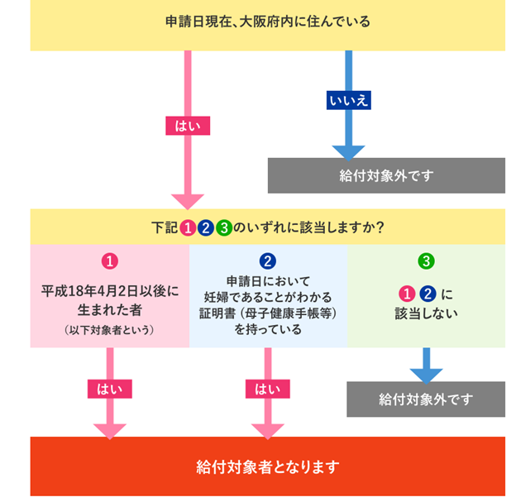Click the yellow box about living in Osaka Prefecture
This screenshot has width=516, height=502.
pyautogui.click(x=267, y=22)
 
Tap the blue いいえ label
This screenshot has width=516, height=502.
pyautogui.click(x=348, y=99)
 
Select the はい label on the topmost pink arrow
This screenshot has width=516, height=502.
pyautogui.click(x=188, y=126)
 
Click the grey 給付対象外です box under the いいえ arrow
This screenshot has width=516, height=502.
pyautogui.click(x=386, y=175)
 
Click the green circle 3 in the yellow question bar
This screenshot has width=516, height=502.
pyautogui.click(x=223, y=227)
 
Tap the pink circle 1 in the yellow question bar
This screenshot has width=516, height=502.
pyautogui.click(x=188, y=227)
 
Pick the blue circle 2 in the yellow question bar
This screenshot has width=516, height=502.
pyautogui.click(x=206, y=227)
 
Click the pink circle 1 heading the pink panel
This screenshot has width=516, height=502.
pyautogui.click(x=109, y=261)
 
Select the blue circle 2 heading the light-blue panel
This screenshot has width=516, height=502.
pyautogui.click(x=267, y=261)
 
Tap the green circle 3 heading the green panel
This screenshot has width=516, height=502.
pyautogui.click(x=426, y=261)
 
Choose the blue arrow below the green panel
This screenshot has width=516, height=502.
pyautogui.click(x=426, y=364)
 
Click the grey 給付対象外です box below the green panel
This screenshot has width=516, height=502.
pyautogui.click(x=426, y=399)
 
